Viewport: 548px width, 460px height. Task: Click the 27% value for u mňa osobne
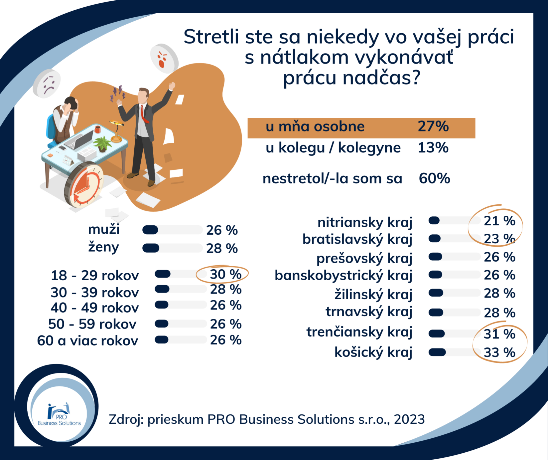(x=433, y=127)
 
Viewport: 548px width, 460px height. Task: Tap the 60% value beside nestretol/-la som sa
(x=434, y=179)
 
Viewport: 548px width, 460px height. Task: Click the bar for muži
(x=172, y=230)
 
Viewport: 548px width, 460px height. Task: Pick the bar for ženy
(x=172, y=248)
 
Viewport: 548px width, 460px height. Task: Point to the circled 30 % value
(x=225, y=275)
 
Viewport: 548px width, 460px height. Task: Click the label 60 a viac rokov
(x=88, y=341)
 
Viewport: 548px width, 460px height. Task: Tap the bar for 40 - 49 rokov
(x=181, y=305)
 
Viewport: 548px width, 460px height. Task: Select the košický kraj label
(x=373, y=352)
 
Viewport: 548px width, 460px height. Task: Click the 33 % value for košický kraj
(x=499, y=352)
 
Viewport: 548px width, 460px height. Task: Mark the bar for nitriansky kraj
(x=454, y=221)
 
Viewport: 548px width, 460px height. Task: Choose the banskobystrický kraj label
(x=343, y=276)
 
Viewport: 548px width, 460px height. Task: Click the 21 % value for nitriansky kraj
(x=499, y=221)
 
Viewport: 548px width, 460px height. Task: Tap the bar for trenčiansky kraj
(x=454, y=334)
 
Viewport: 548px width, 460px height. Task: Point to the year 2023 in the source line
(x=409, y=420)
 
